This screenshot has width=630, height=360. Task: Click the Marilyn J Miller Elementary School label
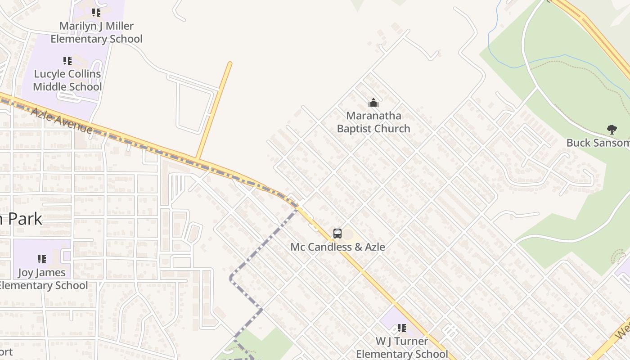[x=96, y=32]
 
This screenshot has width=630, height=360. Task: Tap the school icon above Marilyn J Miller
[x=96, y=12]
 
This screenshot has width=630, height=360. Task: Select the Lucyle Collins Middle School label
[x=67, y=80]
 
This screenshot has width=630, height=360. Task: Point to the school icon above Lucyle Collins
[x=67, y=60]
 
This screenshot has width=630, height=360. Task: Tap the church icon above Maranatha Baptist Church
[x=373, y=103]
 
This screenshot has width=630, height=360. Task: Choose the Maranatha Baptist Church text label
[x=373, y=122]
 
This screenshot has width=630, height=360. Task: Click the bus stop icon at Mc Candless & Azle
[x=337, y=234]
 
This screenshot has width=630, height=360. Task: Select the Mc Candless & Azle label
[x=337, y=247]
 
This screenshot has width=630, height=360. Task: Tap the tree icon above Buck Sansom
[x=612, y=130]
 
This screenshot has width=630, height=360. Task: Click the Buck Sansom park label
[x=598, y=143]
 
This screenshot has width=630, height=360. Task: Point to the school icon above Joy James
[x=42, y=259]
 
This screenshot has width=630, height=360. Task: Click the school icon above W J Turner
[x=401, y=328]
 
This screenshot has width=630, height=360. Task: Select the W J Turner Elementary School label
[x=402, y=347]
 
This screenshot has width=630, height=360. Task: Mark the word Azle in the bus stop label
[x=374, y=247]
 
